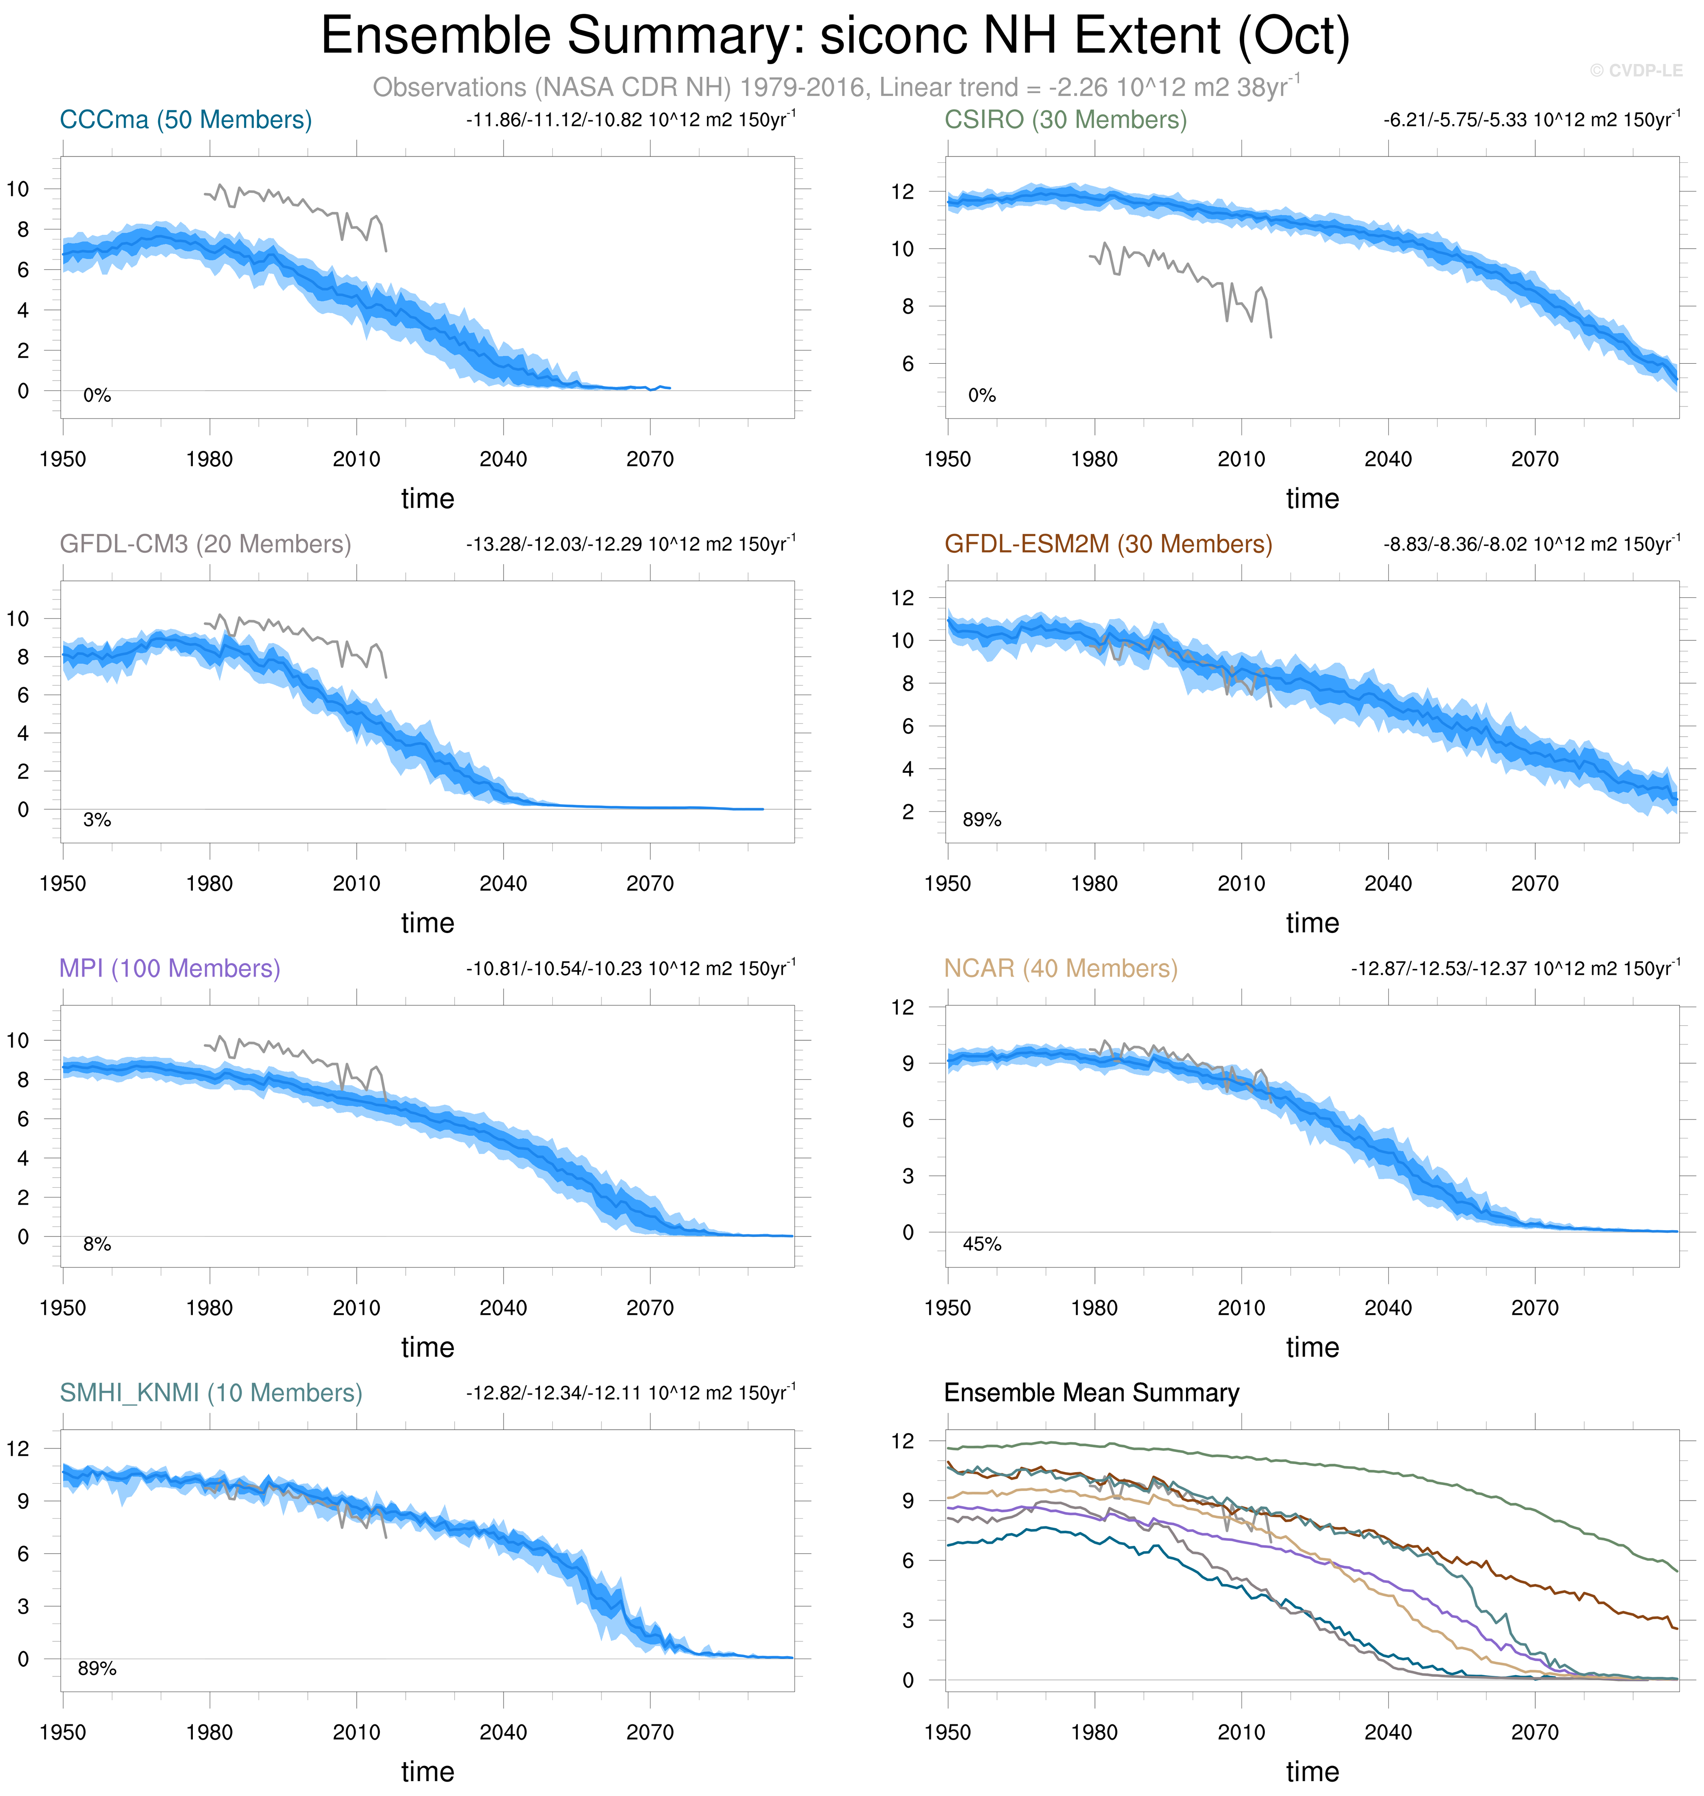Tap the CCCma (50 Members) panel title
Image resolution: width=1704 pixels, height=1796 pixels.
(x=185, y=120)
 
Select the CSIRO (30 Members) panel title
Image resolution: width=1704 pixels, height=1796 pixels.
(x=1066, y=120)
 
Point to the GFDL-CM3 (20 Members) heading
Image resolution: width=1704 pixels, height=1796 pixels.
(x=205, y=544)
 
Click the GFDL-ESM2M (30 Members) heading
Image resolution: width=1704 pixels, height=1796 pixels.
(x=1108, y=544)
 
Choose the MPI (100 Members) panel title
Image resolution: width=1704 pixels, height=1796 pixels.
(x=170, y=969)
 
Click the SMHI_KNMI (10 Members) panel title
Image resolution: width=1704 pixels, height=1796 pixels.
(x=211, y=1392)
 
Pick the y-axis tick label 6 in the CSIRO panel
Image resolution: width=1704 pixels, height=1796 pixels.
(x=908, y=363)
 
